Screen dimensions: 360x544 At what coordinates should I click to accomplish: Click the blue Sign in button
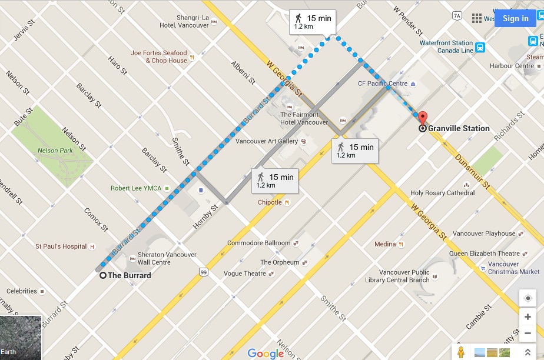(x=515, y=18)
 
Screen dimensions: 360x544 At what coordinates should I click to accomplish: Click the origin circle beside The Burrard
(x=103, y=275)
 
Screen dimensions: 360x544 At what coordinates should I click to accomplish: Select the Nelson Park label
(x=55, y=151)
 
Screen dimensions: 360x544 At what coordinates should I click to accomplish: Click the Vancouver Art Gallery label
(x=267, y=141)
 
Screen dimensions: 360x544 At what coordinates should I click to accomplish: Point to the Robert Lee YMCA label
(x=137, y=189)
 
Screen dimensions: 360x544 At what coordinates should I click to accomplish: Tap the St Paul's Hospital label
(x=61, y=246)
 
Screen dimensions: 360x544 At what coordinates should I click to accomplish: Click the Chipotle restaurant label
(x=270, y=202)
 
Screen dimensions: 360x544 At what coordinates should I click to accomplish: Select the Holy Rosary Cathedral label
(x=442, y=193)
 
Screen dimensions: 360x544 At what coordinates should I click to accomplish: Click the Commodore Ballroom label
(x=258, y=243)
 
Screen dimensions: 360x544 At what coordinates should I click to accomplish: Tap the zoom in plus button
(x=528, y=317)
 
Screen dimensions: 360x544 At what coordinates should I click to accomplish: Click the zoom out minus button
(x=528, y=334)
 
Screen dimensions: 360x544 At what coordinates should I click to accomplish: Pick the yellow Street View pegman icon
(x=462, y=352)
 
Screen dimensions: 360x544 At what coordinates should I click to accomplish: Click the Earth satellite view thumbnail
(x=21, y=338)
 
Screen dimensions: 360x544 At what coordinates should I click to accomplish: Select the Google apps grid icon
(x=477, y=18)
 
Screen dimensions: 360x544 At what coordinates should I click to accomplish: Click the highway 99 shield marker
(x=203, y=272)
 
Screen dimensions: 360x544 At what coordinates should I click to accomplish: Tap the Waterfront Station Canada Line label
(x=446, y=46)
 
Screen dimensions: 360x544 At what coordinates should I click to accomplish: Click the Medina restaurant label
(x=385, y=244)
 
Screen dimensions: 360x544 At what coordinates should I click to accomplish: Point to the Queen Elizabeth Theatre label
(x=485, y=254)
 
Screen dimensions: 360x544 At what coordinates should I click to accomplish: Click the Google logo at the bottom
(x=266, y=353)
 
